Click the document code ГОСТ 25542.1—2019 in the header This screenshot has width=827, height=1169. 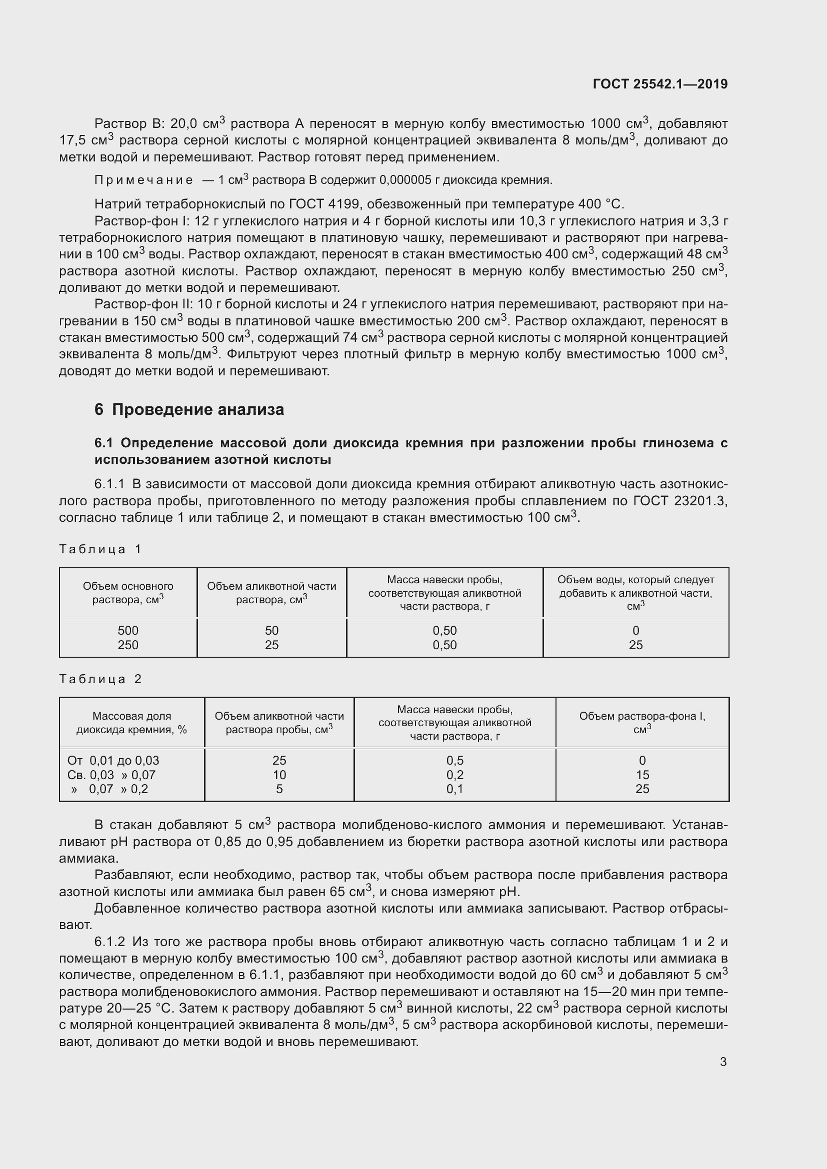[x=660, y=84]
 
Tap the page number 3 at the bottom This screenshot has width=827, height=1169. [x=723, y=1062]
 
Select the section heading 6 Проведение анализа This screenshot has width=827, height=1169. [x=189, y=409]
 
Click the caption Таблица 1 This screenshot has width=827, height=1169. [x=100, y=549]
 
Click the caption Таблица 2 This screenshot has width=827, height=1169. [x=100, y=679]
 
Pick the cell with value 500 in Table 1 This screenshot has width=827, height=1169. [x=128, y=630]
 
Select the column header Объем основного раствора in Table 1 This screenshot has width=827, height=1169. [x=128, y=593]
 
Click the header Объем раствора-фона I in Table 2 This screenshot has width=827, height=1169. [x=642, y=722]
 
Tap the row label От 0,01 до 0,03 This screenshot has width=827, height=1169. [x=113, y=760]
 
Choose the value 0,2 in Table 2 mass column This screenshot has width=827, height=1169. [x=454, y=775]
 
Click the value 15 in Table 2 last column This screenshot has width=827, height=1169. [x=642, y=775]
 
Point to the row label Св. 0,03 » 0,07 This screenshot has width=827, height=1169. [x=111, y=775]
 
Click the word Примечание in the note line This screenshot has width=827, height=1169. [x=143, y=180]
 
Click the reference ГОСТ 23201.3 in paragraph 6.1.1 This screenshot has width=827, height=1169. [x=680, y=501]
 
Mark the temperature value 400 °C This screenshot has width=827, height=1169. [x=601, y=204]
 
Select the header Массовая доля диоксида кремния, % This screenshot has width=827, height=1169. [x=132, y=723]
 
